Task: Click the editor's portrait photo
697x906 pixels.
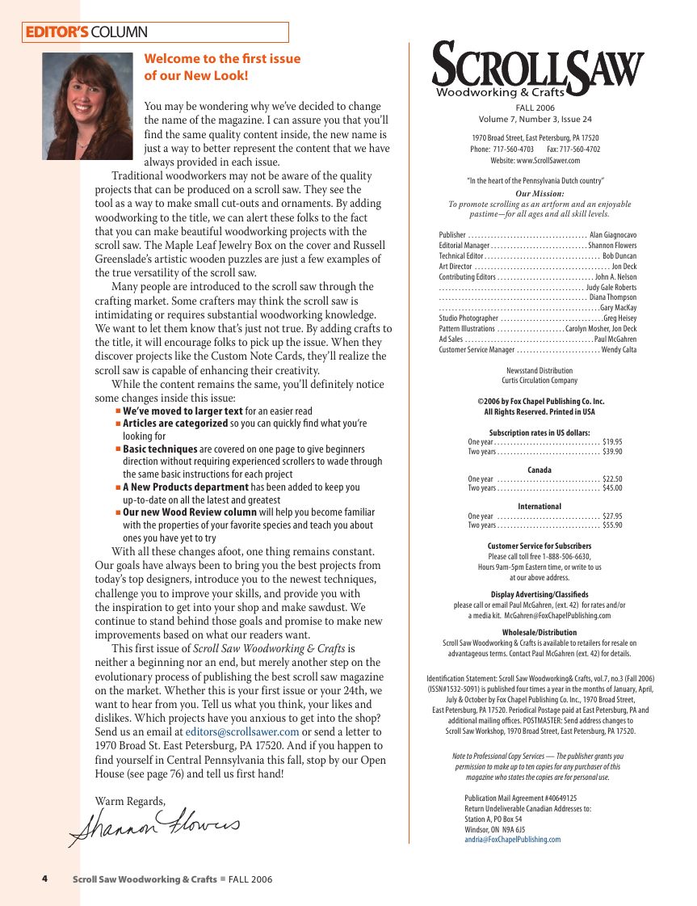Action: point(86,106)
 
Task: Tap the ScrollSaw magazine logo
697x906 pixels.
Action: point(538,69)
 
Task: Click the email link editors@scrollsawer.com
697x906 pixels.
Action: point(242,732)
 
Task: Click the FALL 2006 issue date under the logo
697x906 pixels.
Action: point(535,107)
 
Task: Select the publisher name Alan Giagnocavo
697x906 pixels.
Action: point(613,235)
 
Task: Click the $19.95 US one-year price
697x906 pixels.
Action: point(612,442)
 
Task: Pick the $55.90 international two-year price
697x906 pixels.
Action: point(612,525)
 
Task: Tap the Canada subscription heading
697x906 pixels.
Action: point(540,470)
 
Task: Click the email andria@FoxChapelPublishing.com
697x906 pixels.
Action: point(512,840)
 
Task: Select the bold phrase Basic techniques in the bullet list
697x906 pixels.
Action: point(160,449)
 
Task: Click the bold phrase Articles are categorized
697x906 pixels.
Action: point(175,424)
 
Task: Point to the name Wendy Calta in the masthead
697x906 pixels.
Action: point(619,350)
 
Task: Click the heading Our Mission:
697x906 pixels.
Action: point(540,194)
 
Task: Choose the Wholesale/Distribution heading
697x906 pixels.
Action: point(540,633)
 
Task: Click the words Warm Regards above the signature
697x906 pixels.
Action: point(130,801)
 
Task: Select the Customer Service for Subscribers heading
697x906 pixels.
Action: point(540,546)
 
